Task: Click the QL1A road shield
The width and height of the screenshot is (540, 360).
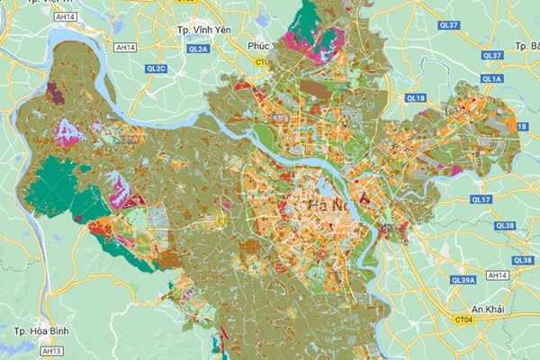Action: [491, 79]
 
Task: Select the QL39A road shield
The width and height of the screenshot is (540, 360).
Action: [463, 280]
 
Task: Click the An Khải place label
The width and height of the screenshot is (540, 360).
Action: [488, 310]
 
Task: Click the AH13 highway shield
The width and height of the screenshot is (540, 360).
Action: [52, 351]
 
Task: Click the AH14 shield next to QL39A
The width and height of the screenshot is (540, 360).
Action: [496, 274]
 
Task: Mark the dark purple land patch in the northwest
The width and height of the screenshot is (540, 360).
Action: [56, 93]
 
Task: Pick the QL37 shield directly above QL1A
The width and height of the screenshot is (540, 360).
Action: [491, 56]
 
